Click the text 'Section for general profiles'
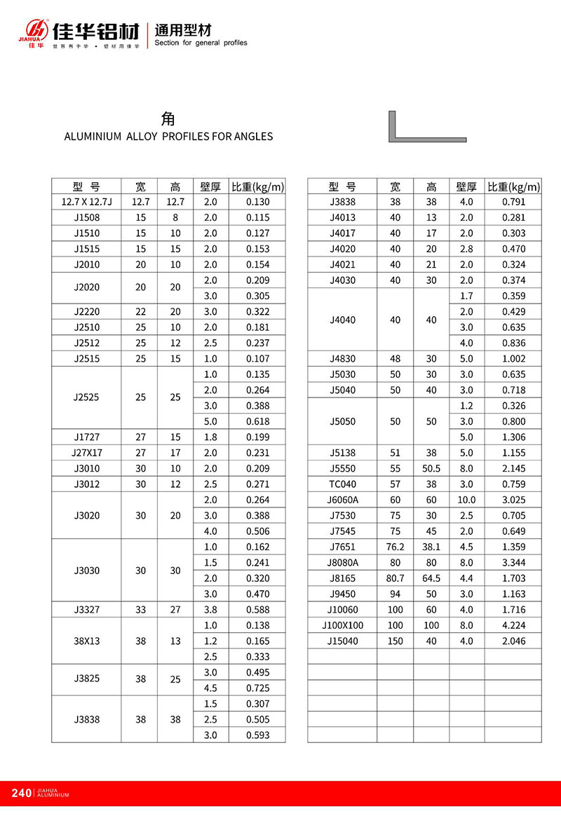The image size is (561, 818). [x=201, y=43]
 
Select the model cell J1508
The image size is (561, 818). [x=86, y=218]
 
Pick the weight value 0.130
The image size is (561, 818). [x=258, y=202]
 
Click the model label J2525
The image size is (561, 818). [x=86, y=397]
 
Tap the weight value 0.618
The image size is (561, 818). [x=258, y=421]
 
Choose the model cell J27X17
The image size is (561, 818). [x=86, y=453]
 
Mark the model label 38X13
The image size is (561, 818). [x=86, y=641]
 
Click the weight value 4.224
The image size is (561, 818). [x=514, y=625]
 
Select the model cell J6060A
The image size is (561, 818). [x=342, y=500]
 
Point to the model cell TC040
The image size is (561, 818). [x=342, y=484]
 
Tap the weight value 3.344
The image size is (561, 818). [x=514, y=562]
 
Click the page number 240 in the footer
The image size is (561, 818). [x=22, y=793]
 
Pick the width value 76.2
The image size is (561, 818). [x=396, y=547]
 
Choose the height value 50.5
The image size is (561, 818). [x=431, y=468]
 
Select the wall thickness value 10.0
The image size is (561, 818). [x=466, y=500]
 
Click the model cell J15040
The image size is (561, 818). [x=342, y=641]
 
